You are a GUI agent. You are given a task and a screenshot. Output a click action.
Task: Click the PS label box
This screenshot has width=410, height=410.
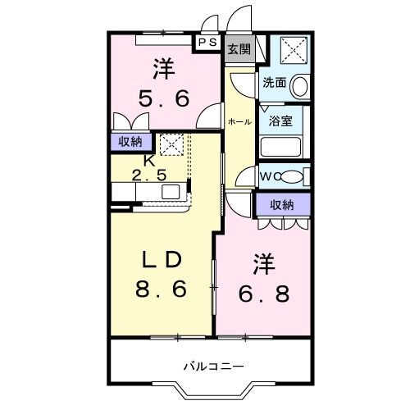[207, 40]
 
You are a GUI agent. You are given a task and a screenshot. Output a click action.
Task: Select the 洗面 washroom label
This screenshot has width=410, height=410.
[274, 82]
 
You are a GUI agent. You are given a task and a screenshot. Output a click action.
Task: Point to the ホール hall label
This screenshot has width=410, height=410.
[239, 121]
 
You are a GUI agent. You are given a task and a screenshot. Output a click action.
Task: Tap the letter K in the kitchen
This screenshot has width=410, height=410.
[150, 161]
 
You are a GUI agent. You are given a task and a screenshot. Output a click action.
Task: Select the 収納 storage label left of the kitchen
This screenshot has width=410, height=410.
[128, 142]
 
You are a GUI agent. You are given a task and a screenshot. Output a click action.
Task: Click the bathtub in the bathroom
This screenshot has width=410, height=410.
[280, 147]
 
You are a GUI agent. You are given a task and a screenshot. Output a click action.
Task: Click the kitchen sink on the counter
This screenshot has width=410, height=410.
[171, 192]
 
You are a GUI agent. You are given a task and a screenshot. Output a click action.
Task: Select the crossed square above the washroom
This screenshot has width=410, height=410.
[291, 52]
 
